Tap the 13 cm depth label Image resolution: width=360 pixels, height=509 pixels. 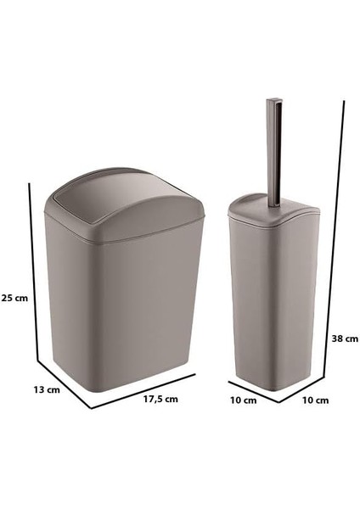pos(47,390)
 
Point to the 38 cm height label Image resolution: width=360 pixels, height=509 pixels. pos(345,337)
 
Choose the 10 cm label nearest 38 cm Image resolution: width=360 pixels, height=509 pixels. pos(315,400)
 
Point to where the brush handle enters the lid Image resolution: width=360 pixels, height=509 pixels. pos(276,204)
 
